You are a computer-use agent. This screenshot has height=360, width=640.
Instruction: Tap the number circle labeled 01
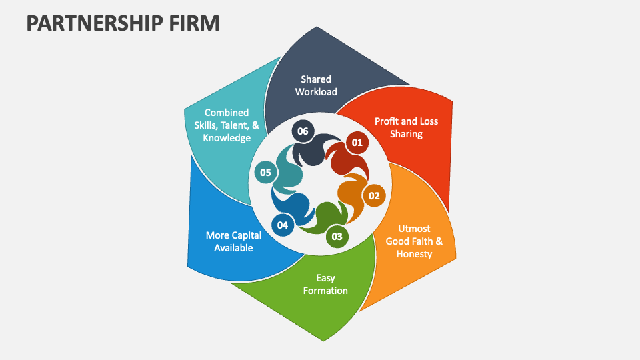357,142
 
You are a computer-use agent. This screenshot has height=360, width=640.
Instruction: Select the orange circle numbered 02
374,195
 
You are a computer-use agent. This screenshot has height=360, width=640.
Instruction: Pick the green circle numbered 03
337,236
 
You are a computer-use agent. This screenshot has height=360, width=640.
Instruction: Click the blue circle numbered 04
283,225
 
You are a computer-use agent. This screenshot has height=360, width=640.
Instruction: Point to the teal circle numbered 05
265,173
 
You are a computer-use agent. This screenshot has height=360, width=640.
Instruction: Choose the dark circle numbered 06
303,131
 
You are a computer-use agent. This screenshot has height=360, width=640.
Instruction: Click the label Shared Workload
316,85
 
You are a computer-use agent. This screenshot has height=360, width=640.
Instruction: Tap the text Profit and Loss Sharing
407,127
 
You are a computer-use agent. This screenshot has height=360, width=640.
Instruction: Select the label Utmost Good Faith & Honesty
415,241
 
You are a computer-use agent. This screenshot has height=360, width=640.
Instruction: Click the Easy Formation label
325,284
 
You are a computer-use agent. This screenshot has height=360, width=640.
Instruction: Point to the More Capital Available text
233,241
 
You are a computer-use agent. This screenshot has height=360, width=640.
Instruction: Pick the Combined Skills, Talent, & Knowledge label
227,125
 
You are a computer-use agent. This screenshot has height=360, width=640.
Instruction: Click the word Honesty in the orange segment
415,254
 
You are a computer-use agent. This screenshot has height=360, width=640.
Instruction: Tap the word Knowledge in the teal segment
227,138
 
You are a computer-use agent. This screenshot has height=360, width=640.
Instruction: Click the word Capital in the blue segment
246,235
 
